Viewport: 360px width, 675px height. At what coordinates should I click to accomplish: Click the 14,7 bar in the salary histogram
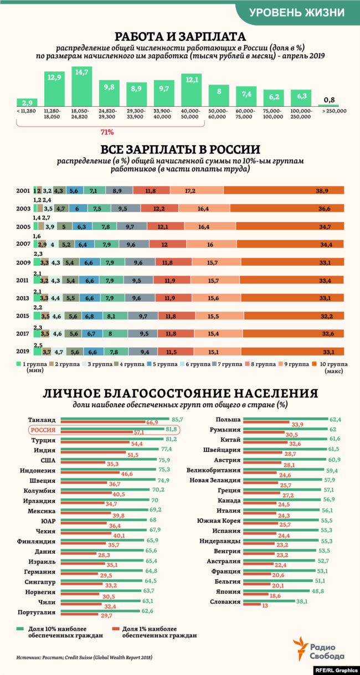[x=81, y=87]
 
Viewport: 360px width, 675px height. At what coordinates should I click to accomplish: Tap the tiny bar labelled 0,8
[x=329, y=106]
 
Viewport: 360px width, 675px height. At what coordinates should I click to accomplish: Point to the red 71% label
[x=107, y=132]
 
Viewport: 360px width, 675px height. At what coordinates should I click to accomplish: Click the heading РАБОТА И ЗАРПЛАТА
[x=180, y=37]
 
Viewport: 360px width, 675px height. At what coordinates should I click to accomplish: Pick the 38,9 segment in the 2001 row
[x=284, y=190]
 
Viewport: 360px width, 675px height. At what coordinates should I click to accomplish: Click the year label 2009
[x=23, y=262]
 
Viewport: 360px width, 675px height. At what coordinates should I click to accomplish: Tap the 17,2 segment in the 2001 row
[x=197, y=190]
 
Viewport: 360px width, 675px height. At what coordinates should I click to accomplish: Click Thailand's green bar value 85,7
[x=177, y=420]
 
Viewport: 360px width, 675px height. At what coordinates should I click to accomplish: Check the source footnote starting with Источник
[x=84, y=657]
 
